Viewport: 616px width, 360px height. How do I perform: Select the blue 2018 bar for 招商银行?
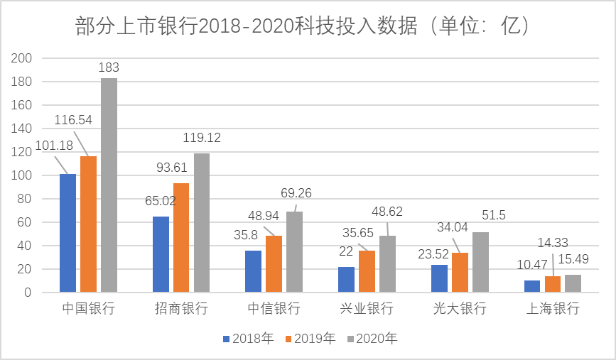coord(161,254)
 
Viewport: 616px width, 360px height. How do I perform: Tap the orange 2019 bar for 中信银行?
coord(274,263)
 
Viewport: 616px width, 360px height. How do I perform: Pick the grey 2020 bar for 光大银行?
coord(481,262)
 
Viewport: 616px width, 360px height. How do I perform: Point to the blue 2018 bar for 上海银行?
coord(532,286)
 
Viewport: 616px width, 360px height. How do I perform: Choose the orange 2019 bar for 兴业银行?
coord(367,271)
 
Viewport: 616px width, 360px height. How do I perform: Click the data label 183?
coord(108,68)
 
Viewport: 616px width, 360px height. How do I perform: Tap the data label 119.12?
coord(202,138)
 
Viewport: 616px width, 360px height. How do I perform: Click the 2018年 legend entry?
coord(249,339)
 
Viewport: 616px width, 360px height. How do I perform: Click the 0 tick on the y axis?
coord(29,292)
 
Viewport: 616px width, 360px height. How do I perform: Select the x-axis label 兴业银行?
coord(367,309)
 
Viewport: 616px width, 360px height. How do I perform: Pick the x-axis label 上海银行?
coord(553,309)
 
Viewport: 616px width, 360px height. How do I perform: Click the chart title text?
coord(303,26)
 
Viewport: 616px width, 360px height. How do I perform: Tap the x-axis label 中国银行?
coord(88,309)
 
